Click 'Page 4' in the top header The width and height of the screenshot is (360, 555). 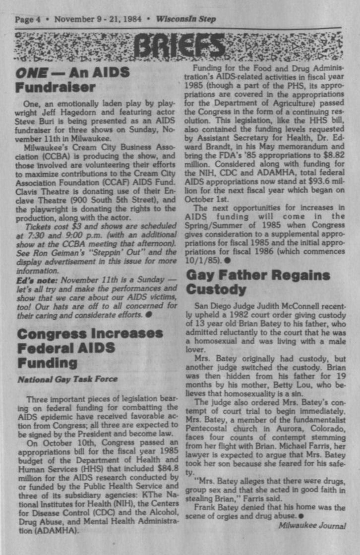pyautogui.click(x=28, y=19)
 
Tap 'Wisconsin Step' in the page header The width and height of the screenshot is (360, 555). pyautogui.click(x=182, y=19)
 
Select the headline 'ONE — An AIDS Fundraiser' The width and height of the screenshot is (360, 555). pyautogui.click(x=72, y=79)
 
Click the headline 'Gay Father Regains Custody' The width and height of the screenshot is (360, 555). pyautogui.click(x=257, y=281)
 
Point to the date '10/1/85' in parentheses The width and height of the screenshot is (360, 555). pyautogui.click(x=198, y=258)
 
